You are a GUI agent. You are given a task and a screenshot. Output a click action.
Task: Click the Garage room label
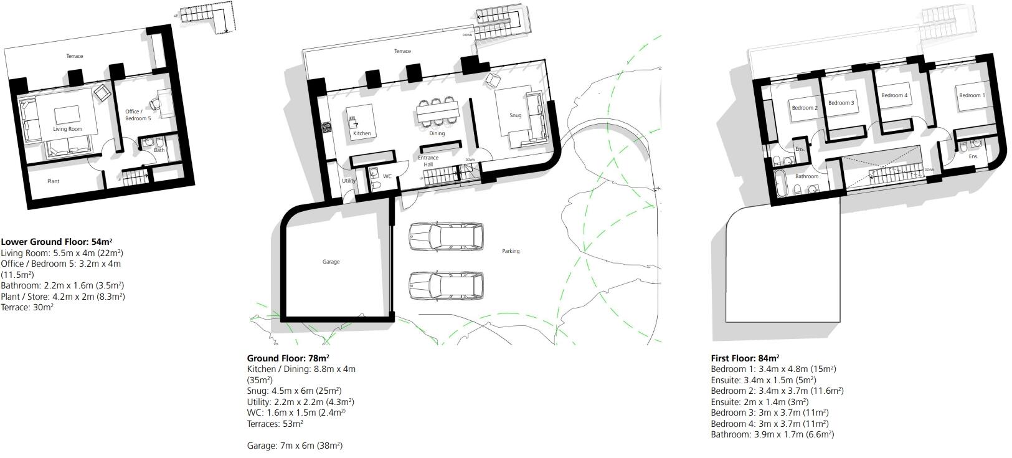331,262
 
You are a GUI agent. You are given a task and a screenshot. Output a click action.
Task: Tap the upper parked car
447,237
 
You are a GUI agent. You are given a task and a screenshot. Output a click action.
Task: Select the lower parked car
447,286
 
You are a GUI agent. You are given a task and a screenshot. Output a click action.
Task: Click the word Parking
511,251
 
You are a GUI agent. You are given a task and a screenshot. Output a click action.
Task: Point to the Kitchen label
362,133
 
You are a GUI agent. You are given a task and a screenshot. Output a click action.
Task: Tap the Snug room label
515,115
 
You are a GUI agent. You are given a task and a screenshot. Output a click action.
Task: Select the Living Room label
67,129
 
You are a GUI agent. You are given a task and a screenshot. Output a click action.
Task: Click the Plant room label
54,181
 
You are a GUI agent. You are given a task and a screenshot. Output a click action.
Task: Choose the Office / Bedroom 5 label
138,115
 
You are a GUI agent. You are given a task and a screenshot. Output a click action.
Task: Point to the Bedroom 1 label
972,95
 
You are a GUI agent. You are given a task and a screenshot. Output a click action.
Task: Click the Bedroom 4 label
894,95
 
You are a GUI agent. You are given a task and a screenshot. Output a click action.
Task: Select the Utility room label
348,181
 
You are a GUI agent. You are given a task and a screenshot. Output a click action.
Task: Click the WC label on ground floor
387,176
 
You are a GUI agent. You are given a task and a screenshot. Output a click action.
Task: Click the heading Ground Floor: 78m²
288,358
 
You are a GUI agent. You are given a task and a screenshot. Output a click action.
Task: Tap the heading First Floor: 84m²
745,358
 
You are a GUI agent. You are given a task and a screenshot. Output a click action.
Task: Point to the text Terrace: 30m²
27,307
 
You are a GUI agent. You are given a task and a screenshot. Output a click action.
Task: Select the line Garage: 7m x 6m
295,446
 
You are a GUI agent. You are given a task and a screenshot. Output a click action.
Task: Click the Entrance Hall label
428,161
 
